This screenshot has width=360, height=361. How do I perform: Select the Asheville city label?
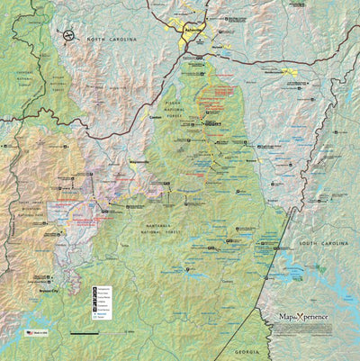click(192, 30)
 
